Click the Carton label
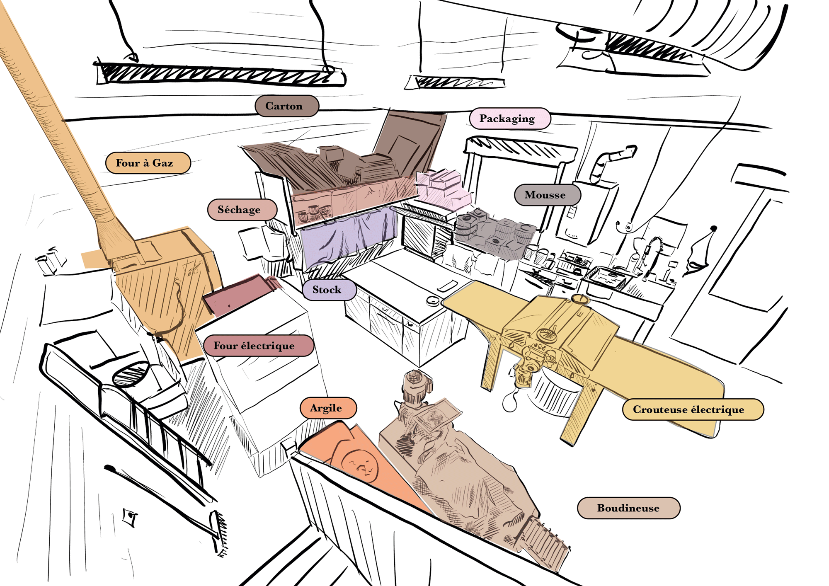286,106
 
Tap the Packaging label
509,119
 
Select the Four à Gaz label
148,163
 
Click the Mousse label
547,195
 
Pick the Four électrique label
258,346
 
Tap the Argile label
328,408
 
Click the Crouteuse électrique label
692,409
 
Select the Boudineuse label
628,508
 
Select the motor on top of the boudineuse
417,385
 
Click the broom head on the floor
220,533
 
